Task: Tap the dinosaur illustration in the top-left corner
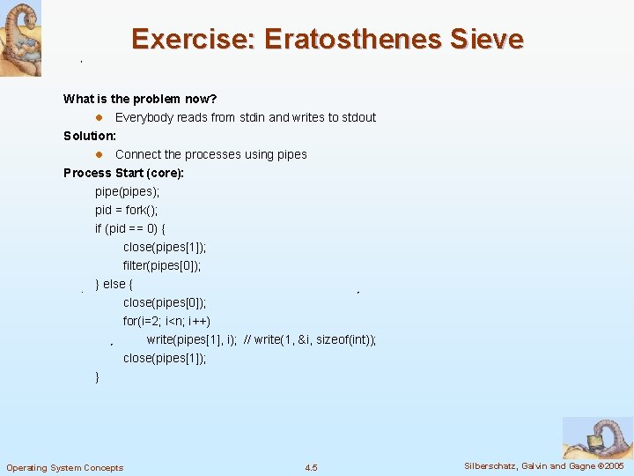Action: click(20, 38)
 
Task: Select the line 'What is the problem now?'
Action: click(140, 99)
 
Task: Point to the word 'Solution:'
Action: click(90, 136)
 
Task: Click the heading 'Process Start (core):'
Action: click(123, 173)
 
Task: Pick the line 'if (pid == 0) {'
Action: click(136, 228)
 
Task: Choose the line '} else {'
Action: click(114, 284)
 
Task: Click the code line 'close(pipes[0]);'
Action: click(165, 302)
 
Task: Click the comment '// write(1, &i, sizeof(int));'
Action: click(310, 339)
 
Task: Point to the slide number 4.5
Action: click(311, 467)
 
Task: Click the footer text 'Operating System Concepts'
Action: click(65, 467)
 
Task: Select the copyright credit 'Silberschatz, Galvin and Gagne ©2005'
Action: click(543, 465)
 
